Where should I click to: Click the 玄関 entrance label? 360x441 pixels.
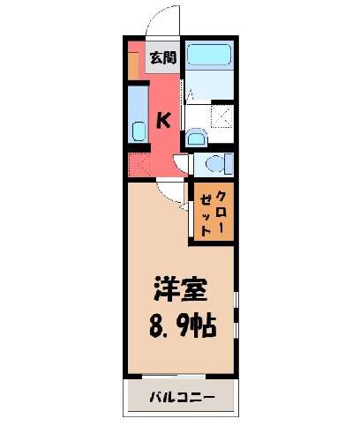[163, 57]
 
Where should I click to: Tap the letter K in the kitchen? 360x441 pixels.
[163, 121]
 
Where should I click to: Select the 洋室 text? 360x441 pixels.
[180, 288]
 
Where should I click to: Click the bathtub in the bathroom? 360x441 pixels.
[209, 55]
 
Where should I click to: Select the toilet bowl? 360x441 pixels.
[215, 164]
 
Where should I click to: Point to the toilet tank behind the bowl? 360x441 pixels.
[229, 164]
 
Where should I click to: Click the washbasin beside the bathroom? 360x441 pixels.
[197, 137]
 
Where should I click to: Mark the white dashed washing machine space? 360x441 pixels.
[222, 116]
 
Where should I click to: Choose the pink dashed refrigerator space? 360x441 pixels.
[139, 164]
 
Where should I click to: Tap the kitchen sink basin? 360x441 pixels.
[139, 131]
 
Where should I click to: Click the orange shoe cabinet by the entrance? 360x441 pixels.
[133, 66]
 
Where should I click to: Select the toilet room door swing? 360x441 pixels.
[180, 164]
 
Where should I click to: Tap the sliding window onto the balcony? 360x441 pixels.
[174, 377]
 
